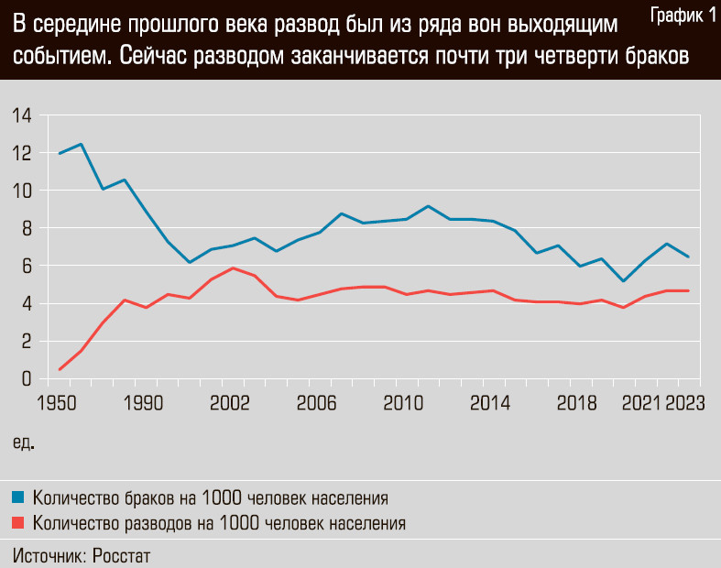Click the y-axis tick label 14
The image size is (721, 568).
(22, 115)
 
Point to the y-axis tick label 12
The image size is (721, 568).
(22, 153)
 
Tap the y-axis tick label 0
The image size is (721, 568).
(27, 378)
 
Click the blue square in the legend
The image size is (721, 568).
(18, 497)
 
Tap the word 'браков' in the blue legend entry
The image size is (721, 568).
(150, 498)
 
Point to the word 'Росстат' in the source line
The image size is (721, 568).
(122, 555)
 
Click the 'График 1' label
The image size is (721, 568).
(682, 15)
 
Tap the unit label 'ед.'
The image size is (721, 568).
(24, 442)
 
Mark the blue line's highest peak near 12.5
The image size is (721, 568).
(81, 144)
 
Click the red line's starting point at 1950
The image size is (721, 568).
(60, 369)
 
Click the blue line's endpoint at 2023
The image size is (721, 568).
(688, 257)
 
